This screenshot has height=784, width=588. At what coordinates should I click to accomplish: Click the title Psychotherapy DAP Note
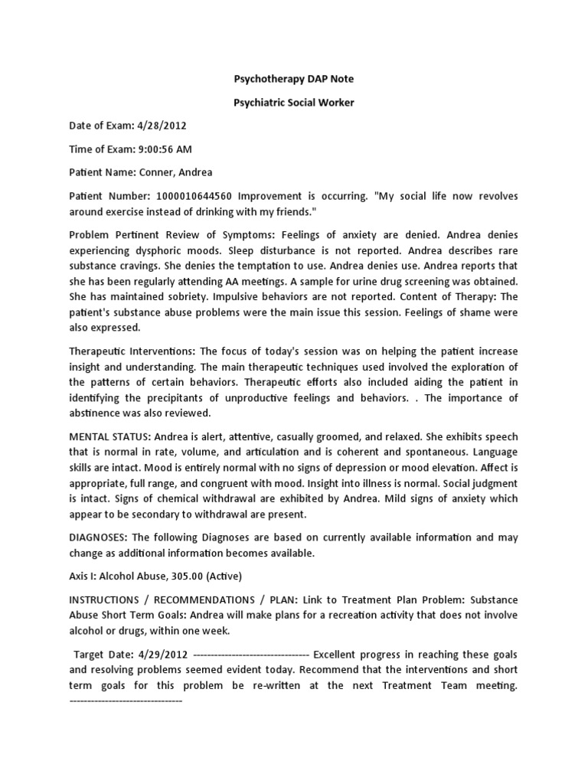(293, 79)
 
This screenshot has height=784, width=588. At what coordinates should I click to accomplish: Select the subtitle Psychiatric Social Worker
(293, 102)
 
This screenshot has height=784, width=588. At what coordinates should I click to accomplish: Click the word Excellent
(338, 655)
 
